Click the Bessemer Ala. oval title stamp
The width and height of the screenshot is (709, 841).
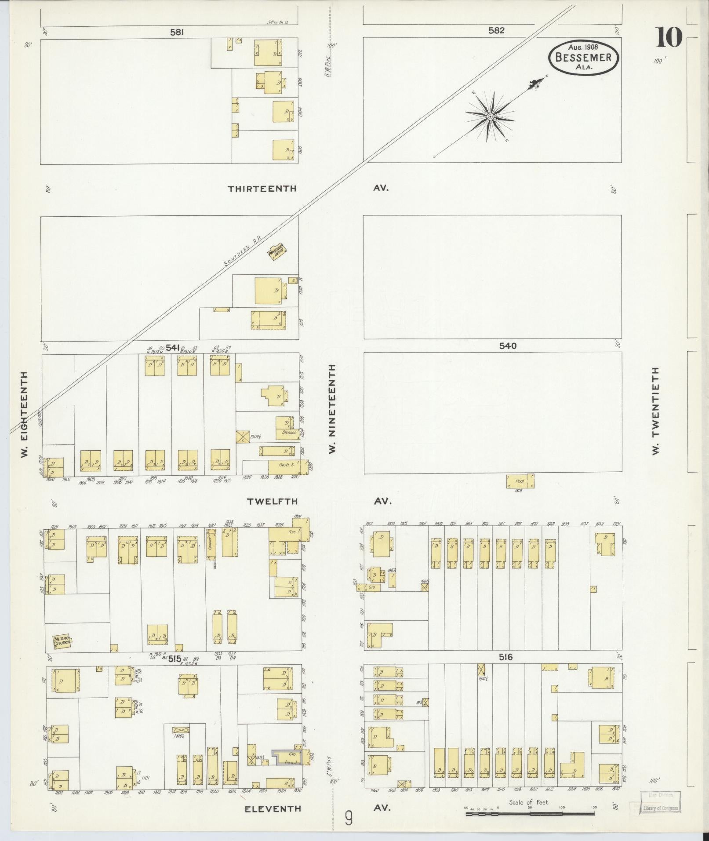(x=583, y=57)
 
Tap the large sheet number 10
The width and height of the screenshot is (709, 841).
(x=669, y=38)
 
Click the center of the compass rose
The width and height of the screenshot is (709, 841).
(x=490, y=117)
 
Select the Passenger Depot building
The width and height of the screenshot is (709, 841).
(x=278, y=252)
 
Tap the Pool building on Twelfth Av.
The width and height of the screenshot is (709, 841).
(x=520, y=481)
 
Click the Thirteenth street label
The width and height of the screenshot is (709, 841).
(x=262, y=189)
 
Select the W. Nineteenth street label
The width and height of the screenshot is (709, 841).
(x=332, y=409)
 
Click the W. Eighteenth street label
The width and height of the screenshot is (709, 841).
(x=25, y=414)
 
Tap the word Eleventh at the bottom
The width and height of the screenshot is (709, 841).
(x=273, y=808)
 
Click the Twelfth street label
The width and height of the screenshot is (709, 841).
(x=272, y=501)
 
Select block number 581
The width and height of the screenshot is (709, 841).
(x=177, y=32)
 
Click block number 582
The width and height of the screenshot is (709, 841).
(x=496, y=30)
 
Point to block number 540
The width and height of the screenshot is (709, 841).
(x=507, y=346)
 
